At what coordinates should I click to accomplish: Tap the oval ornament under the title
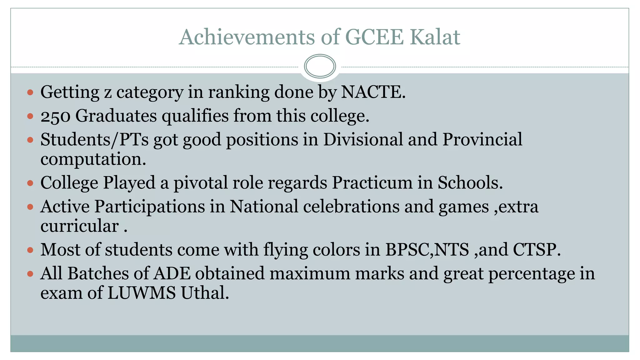pyautogui.click(x=320, y=66)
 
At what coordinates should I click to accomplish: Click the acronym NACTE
pyautogui.click(x=373, y=92)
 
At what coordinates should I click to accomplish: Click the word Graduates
pyautogui.click(x=116, y=116)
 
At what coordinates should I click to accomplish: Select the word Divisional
pyautogui.click(x=363, y=139)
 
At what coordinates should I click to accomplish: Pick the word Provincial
pyautogui.click(x=482, y=139)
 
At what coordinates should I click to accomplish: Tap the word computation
pyautogui.click(x=93, y=159)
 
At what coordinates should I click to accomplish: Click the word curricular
pyautogui.click(x=80, y=226)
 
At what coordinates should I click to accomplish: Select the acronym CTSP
pyautogui.click(x=536, y=250)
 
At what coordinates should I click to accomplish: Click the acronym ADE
pyautogui.click(x=172, y=273)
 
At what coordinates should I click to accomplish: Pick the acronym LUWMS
pyautogui.click(x=142, y=293)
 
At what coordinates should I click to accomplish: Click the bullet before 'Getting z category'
pyautogui.click(x=30, y=92)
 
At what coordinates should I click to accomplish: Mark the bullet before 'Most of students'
pyautogui.click(x=30, y=250)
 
